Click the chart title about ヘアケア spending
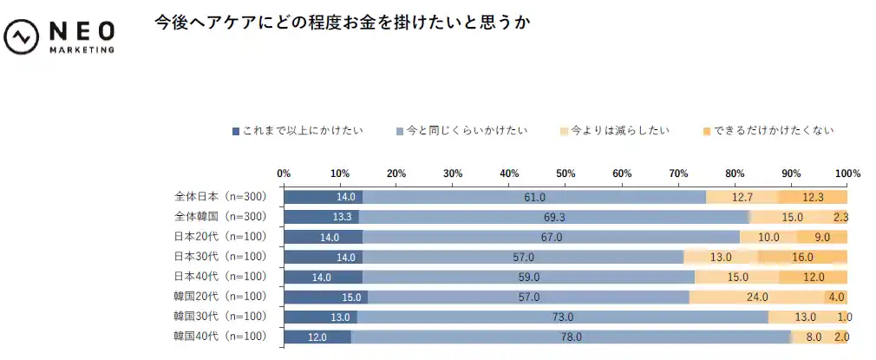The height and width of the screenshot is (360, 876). click(342, 23)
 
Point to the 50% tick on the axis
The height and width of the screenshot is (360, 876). click(565, 173)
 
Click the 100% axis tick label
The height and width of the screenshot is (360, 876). click(847, 173)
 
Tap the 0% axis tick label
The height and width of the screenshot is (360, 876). click(284, 173)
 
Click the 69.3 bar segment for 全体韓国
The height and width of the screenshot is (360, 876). click(553, 217)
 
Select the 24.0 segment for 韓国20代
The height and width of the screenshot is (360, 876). click(757, 297)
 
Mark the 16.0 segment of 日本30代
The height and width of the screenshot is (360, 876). click(802, 257)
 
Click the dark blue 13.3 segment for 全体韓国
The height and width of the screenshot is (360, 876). click(321, 217)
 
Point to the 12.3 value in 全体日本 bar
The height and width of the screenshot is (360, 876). click(813, 197)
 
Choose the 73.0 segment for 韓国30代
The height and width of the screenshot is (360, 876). click(562, 317)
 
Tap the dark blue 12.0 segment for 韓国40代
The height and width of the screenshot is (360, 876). click(317, 337)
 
